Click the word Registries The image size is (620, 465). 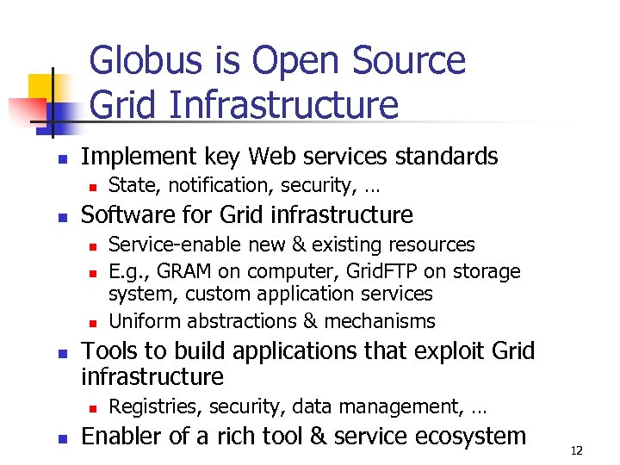click(x=146, y=406)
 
